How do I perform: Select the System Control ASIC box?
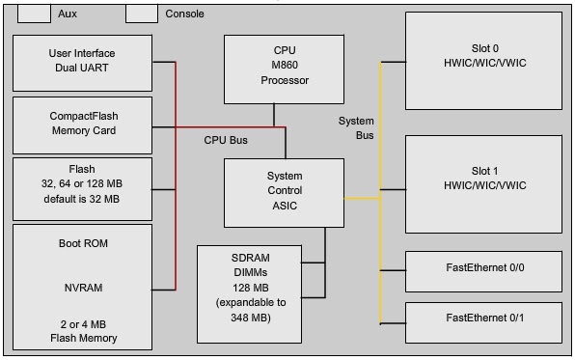coord(285,192)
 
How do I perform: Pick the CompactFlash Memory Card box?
coord(83,125)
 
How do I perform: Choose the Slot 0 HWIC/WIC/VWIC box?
coord(483,61)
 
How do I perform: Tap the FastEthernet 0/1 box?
coord(483,317)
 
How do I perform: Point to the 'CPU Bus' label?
coord(225,140)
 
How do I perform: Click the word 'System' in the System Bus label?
coord(355,121)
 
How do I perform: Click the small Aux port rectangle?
coord(35,14)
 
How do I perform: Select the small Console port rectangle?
coord(141,14)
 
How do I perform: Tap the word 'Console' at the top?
coord(184,14)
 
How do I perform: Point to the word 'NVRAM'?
coord(82,288)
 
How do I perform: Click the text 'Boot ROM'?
coord(82,243)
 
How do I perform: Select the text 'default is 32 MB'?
coord(82,200)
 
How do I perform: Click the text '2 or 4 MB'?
coord(82,323)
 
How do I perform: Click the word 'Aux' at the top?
coord(67,14)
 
